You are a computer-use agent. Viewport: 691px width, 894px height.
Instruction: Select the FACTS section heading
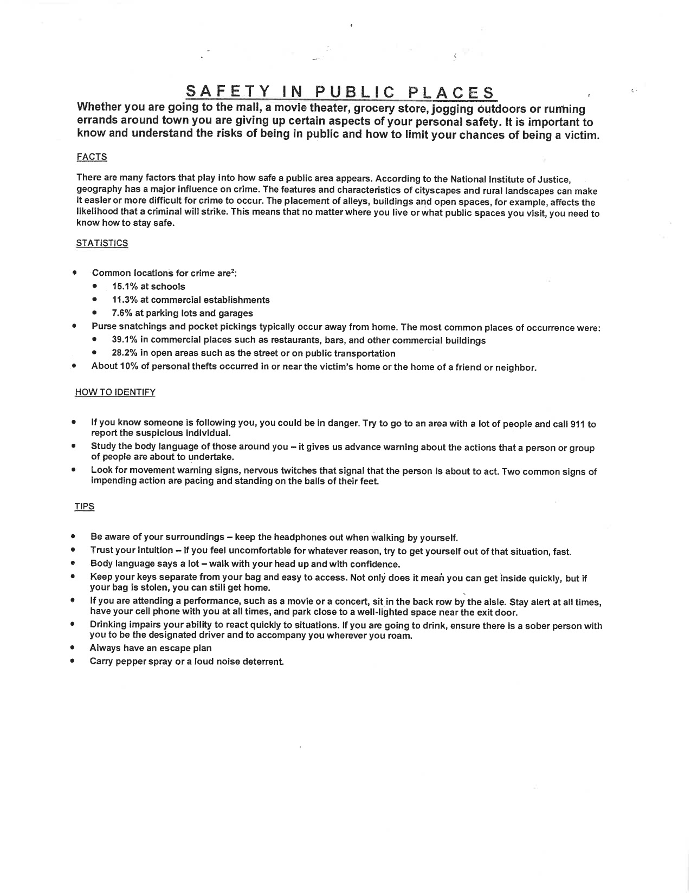tap(92, 157)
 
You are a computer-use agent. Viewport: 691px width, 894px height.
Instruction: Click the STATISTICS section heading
tap(102, 243)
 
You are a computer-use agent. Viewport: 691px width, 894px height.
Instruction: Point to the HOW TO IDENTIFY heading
tap(115, 392)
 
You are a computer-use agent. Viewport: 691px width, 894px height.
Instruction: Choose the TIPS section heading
tap(85, 507)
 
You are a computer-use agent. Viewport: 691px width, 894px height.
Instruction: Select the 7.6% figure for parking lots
tap(122, 313)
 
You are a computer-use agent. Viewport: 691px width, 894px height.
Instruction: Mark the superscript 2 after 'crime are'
tap(232, 271)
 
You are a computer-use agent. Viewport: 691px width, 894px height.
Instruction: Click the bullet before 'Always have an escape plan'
tap(72, 648)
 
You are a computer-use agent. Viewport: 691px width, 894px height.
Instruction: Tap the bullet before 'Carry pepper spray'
tap(72, 662)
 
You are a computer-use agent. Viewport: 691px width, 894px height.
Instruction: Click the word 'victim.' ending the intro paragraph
tap(583, 135)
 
